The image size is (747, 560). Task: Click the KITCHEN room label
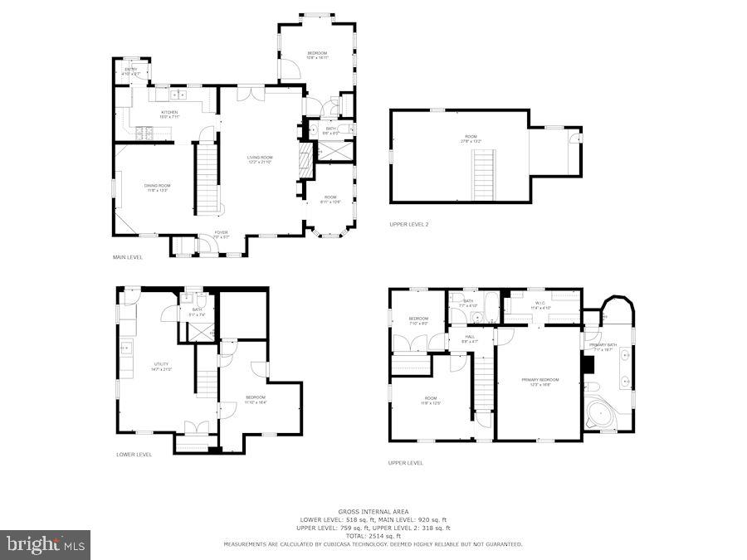[x=169, y=114]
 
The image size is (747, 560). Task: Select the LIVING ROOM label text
[x=260, y=159]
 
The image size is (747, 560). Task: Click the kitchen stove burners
[x=144, y=130]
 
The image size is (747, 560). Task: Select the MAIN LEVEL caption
[x=128, y=257]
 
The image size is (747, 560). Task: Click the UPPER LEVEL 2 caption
[x=409, y=224]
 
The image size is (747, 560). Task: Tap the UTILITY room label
[x=160, y=367]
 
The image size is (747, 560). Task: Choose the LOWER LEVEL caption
[x=134, y=454]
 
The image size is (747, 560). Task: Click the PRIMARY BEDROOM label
[x=539, y=382]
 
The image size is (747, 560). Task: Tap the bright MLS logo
[x=46, y=544]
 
